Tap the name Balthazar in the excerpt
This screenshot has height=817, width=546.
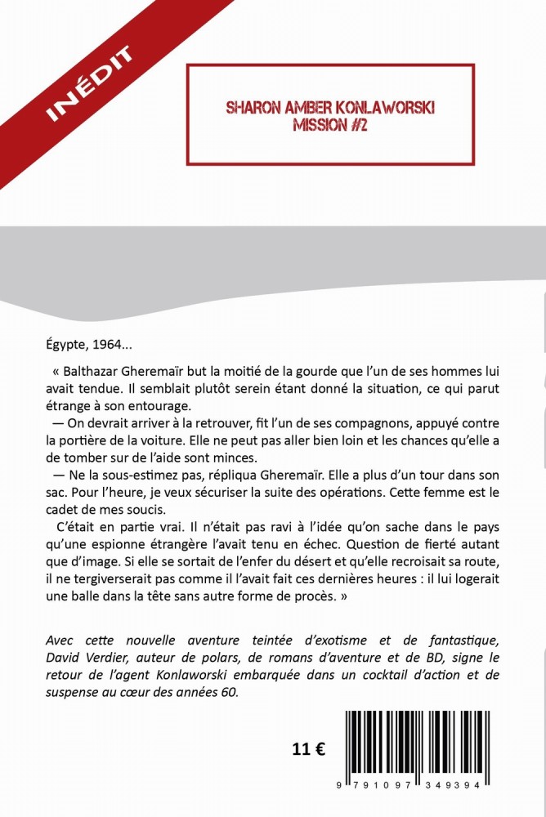tap(93, 370)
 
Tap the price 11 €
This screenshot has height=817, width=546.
tap(308, 749)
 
